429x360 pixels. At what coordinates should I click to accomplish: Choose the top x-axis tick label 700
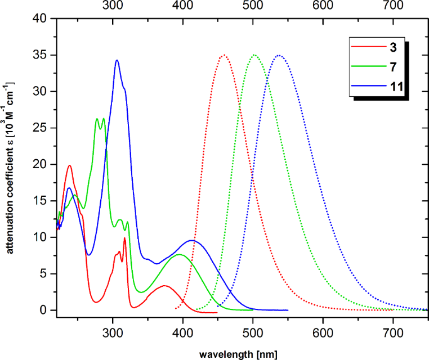(393, 6)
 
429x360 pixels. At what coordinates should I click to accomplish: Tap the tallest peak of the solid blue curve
(117, 60)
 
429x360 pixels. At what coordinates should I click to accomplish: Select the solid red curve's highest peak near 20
(70, 165)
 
